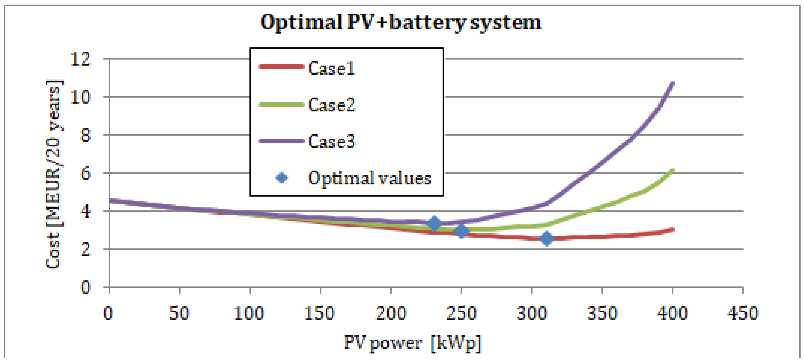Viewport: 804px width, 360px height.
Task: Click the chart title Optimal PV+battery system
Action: pos(401,22)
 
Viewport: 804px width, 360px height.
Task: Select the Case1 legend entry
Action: pos(331,68)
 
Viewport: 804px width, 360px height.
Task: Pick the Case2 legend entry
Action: pos(331,105)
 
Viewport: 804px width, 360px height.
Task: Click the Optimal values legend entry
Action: pos(369,178)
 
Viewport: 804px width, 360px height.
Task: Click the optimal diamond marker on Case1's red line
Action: pos(546,239)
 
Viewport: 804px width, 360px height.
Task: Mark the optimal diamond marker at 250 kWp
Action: pos(461,231)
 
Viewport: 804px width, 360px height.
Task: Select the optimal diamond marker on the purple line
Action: pos(434,223)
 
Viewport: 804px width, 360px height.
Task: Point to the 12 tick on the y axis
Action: pos(81,59)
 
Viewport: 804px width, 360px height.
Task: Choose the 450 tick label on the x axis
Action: pos(742,313)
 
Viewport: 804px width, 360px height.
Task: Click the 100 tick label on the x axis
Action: pos(249,313)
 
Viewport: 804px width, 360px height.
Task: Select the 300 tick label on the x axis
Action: pos(532,313)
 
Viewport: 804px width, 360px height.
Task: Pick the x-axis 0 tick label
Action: pos(108,313)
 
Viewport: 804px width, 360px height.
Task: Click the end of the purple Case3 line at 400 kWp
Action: pos(673,83)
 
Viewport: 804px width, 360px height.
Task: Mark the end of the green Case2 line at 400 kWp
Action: pos(673,170)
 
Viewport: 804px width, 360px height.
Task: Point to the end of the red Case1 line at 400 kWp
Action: pos(673,230)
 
